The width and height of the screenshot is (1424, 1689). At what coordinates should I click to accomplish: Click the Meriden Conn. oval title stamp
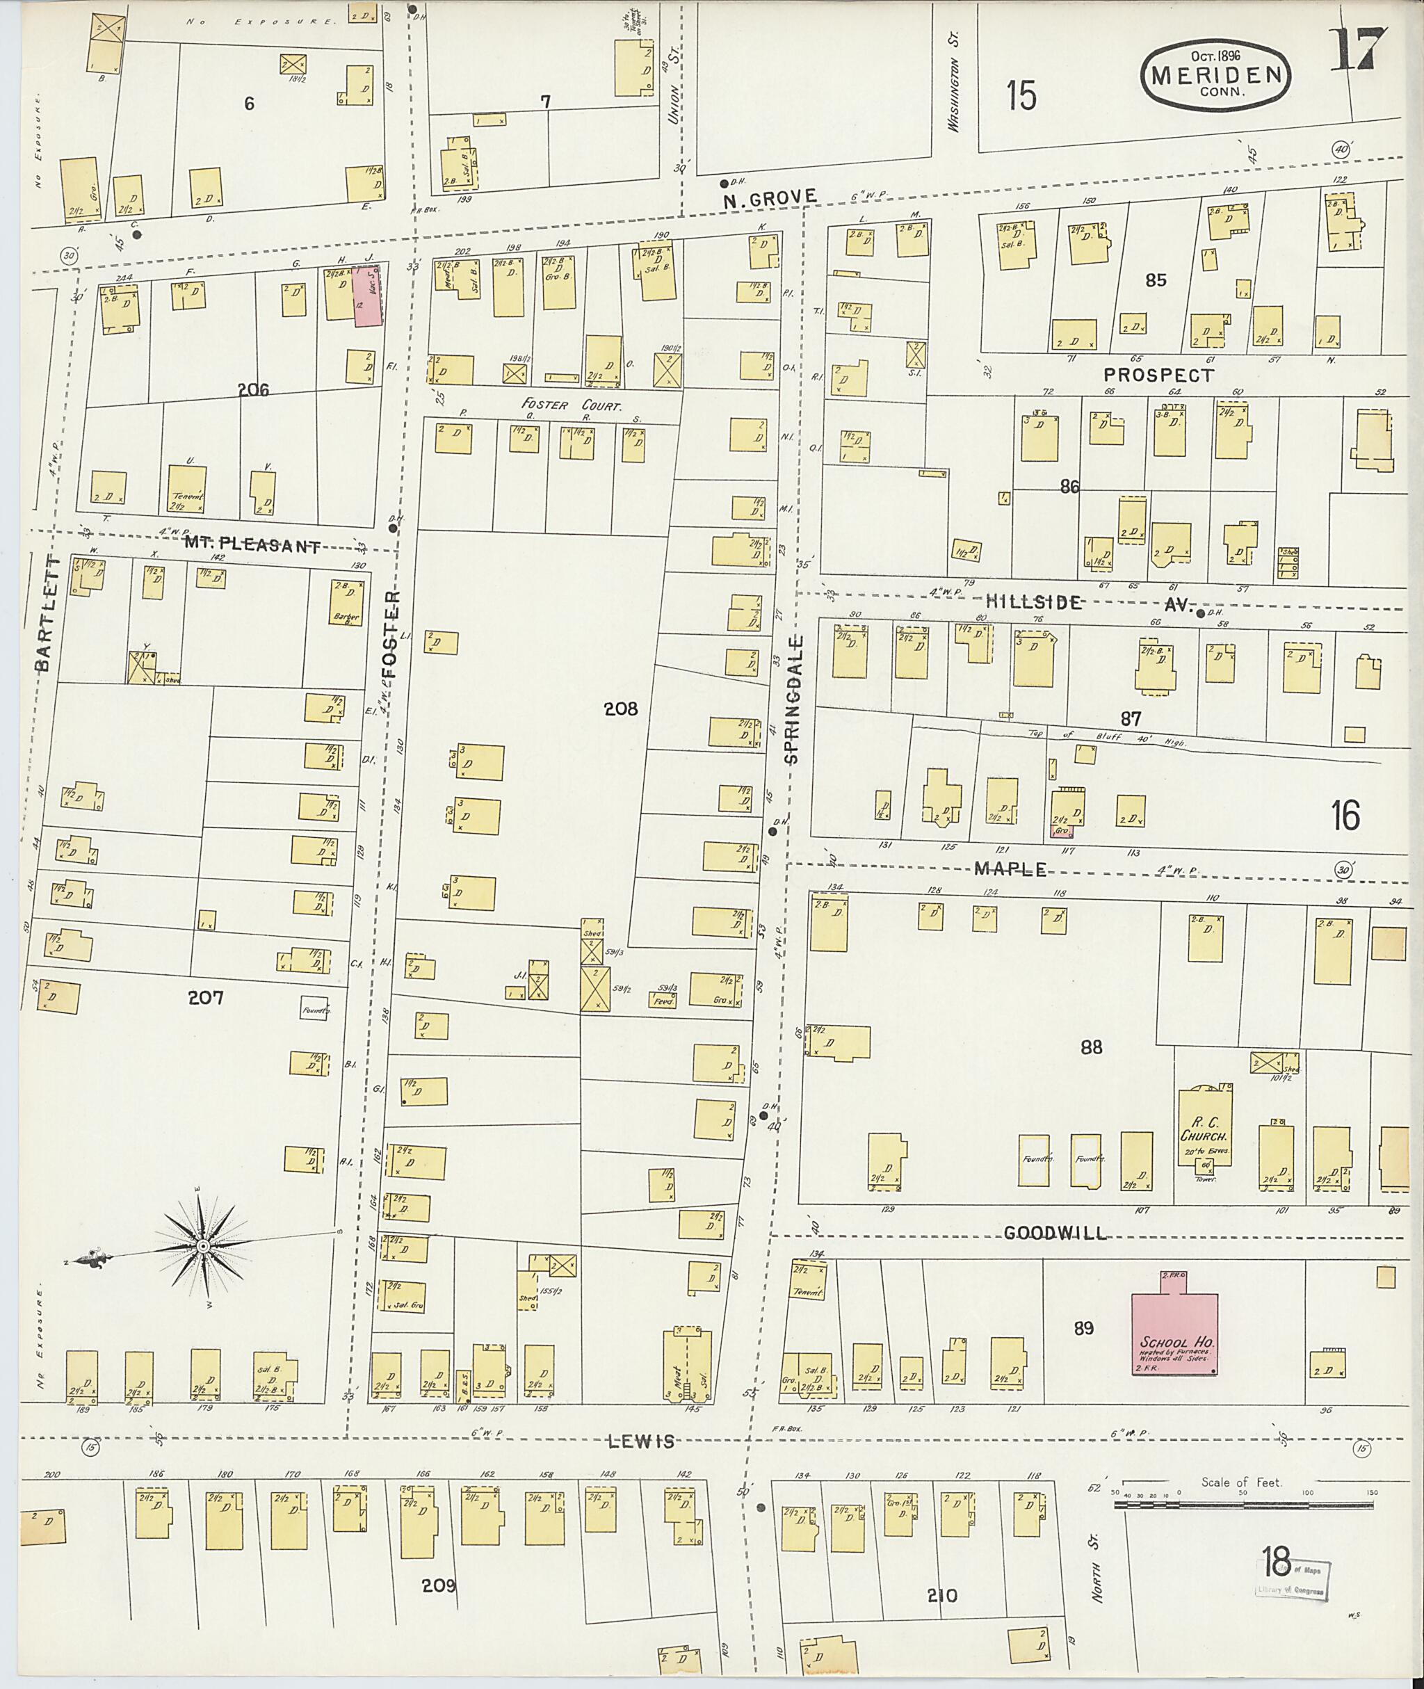point(1215,75)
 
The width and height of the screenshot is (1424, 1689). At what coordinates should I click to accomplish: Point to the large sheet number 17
point(1356,50)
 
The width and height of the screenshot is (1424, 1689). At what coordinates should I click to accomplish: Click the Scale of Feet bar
point(1243,1505)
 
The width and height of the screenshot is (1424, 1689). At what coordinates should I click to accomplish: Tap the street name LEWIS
point(642,1442)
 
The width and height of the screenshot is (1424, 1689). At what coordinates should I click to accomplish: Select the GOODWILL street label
point(1055,1234)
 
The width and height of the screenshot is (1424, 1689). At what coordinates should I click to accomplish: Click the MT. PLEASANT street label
point(251,546)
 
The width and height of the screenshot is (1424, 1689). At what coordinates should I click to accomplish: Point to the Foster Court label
point(572,405)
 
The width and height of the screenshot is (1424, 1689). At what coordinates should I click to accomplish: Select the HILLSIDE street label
point(1033,601)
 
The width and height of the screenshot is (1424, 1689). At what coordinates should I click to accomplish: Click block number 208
point(620,708)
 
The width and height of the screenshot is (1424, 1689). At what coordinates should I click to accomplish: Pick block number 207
point(205,998)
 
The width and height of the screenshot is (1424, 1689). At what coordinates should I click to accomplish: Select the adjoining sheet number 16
point(1345,816)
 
